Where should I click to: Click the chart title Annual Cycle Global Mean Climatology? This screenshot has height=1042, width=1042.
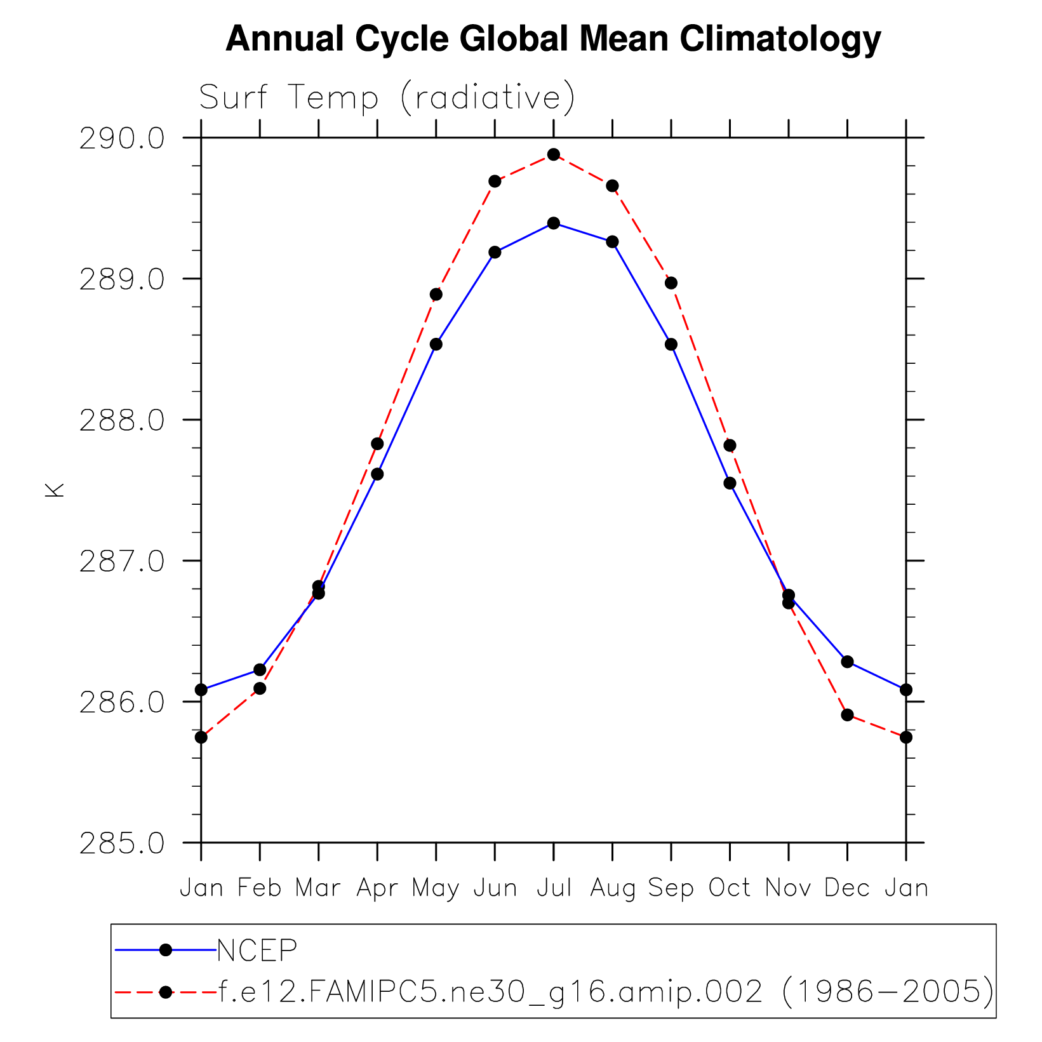click(553, 39)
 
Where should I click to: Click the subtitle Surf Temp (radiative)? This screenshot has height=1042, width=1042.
click(387, 98)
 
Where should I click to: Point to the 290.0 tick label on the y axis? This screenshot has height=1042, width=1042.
click(121, 138)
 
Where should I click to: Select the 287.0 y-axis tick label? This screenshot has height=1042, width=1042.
click(121, 561)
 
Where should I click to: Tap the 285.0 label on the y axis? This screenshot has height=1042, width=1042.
click(121, 843)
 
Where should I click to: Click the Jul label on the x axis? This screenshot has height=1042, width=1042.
click(554, 887)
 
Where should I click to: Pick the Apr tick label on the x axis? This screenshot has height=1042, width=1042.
click(377, 887)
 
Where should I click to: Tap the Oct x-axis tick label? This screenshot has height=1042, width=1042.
click(730, 887)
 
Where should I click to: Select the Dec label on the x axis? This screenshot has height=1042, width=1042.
click(847, 887)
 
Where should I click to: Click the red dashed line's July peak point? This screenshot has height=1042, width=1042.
click(554, 154)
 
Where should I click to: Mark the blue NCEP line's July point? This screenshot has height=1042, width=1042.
click(554, 223)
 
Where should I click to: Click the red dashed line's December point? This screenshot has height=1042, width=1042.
click(847, 714)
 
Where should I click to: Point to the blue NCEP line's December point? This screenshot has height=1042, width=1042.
click(847, 662)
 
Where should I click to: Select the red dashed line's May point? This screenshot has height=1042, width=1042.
click(436, 294)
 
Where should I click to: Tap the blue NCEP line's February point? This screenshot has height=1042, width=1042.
click(260, 669)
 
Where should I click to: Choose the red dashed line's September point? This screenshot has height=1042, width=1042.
click(671, 283)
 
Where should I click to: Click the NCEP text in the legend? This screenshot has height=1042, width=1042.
click(257, 950)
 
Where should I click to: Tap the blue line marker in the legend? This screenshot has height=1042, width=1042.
click(166, 950)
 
